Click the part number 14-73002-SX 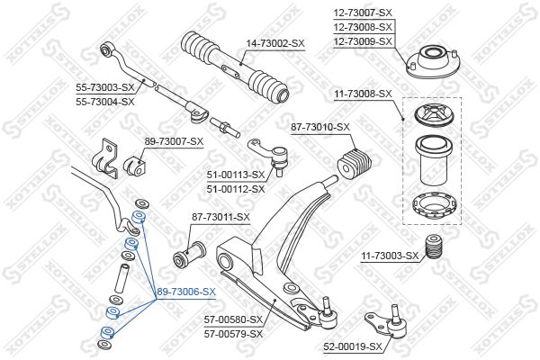(x=275, y=44)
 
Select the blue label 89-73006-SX (x=186, y=292)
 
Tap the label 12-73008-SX (x=363, y=27)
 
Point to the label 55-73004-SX (x=105, y=102)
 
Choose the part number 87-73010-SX (x=320, y=127)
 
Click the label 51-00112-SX (x=236, y=189)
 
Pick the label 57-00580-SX (x=233, y=319)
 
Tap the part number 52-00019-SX (x=353, y=346)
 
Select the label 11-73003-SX (x=390, y=256)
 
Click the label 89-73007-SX (x=174, y=141)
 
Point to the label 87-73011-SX (x=220, y=217)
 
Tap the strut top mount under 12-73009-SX (x=433, y=62)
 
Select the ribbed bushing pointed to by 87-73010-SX (x=355, y=163)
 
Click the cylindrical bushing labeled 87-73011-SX (x=189, y=254)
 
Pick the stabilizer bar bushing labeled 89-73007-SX (x=133, y=166)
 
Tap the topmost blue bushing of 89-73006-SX (x=139, y=217)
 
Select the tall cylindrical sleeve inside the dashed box (x=432, y=160)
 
